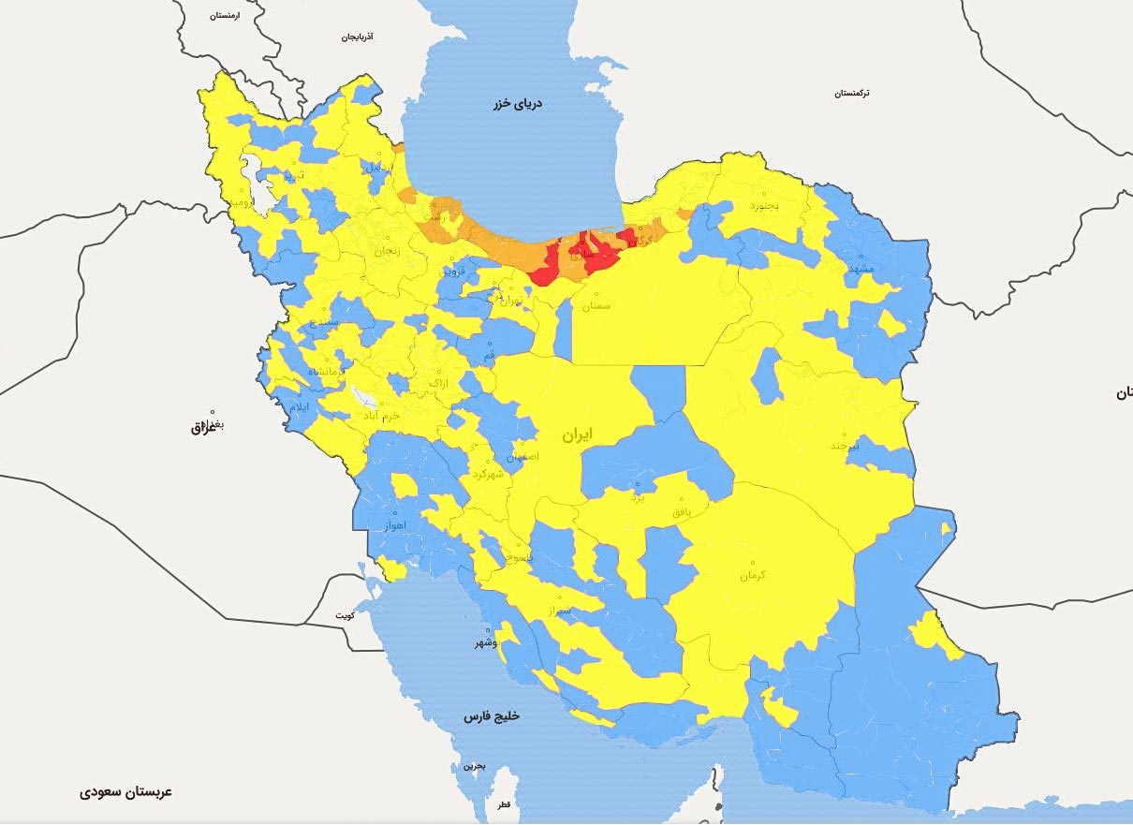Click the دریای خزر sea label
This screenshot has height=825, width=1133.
click(518, 104)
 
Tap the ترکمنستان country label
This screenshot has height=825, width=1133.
click(851, 94)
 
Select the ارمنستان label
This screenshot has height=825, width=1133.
click(225, 16)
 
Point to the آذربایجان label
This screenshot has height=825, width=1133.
click(357, 37)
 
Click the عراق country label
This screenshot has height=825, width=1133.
click(202, 428)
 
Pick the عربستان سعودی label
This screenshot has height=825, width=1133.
click(125, 792)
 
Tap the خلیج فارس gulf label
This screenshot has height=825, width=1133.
click(491, 716)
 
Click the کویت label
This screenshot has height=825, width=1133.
click(345, 615)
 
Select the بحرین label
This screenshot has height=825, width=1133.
click(476, 766)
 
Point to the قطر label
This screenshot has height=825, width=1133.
click(505, 805)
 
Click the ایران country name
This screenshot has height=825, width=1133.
click(577, 435)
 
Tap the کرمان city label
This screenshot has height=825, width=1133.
click(752, 575)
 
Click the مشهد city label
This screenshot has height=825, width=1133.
click(859, 269)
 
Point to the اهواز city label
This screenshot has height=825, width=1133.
click(394, 526)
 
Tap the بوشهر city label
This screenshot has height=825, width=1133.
click(482, 643)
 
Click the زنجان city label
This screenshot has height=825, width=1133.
click(386, 251)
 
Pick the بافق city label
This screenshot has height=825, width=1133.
click(685, 513)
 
